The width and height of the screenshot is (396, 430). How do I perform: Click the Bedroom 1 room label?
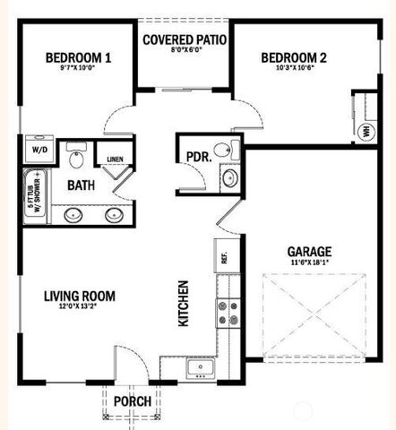pyautogui.click(x=78, y=59)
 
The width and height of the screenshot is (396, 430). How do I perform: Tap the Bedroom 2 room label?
pyautogui.click(x=293, y=59)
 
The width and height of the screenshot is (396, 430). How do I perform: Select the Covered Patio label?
pyautogui.click(x=184, y=39)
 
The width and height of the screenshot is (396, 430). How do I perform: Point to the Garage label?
pyautogui.click(x=310, y=252)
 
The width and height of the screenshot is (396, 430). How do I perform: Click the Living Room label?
pyautogui.click(x=80, y=296)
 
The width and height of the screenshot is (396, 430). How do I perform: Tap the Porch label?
pyautogui.click(x=133, y=401)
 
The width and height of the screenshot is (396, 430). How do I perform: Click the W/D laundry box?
pyautogui.click(x=40, y=150)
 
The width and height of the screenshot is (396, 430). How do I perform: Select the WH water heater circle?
pyautogui.click(x=366, y=132)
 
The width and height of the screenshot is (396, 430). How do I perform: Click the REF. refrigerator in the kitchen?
pyautogui.click(x=224, y=258)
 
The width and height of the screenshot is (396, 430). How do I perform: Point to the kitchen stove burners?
pyautogui.click(x=226, y=313)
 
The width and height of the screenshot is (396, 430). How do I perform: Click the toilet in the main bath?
pyautogui.click(x=76, y=159)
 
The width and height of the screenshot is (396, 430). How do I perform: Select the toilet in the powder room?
pyautogui.click(x=233, y=150)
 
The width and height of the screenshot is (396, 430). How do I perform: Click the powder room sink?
pyautogui.click(x=229, y=177)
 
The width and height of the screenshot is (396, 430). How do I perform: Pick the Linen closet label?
pyautogui.click(x=115, y=159)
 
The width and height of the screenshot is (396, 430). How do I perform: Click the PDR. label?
pyautogui.click(x=198, y=156)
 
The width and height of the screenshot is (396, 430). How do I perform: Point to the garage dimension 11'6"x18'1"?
pyautogui.click(x=310, y=264)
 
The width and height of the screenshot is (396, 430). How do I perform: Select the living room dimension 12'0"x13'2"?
pyautogui.click(x=80, y=308)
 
